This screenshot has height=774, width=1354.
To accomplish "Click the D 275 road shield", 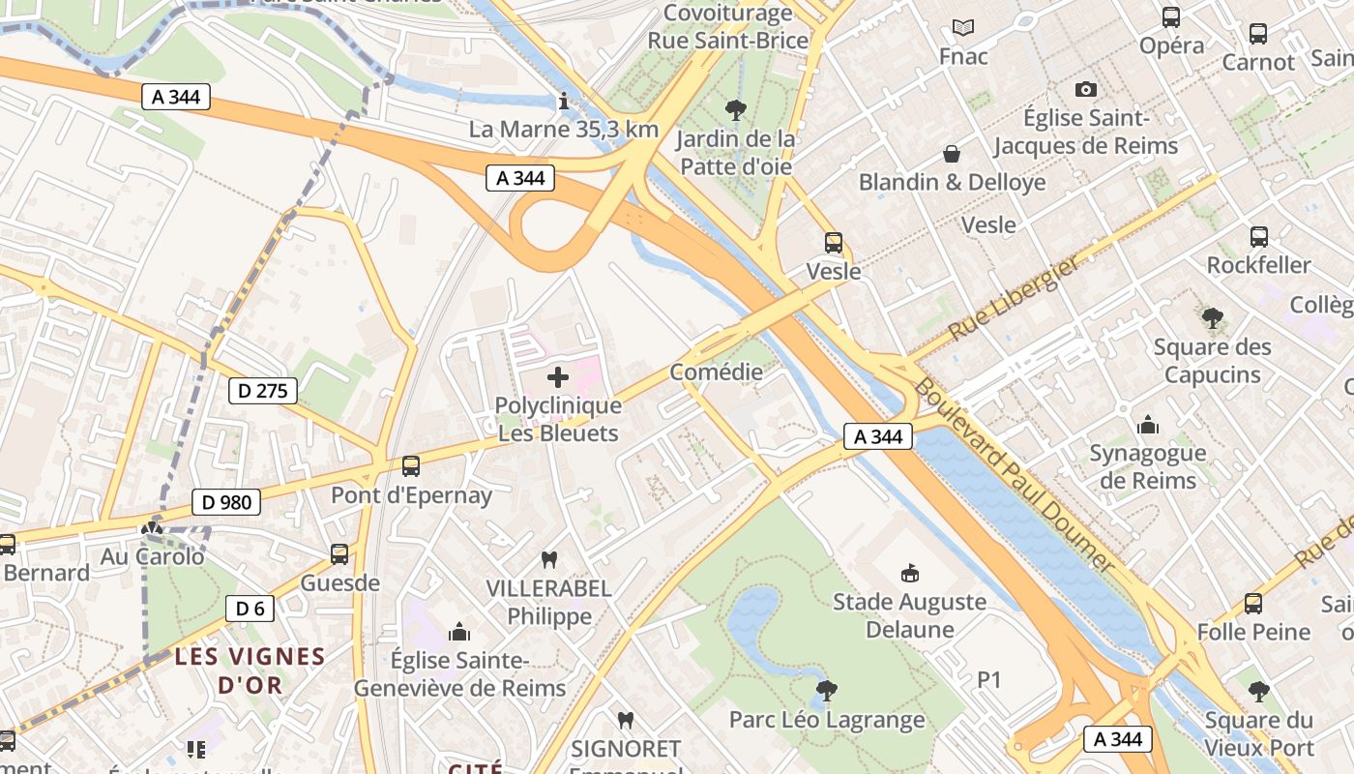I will [x=263, y=391].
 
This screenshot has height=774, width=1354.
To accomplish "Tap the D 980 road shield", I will [x=226, y=501].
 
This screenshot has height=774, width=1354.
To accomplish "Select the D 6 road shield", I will [x=250, y=609].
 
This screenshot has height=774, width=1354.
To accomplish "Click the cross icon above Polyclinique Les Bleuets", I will [x=558, y=377].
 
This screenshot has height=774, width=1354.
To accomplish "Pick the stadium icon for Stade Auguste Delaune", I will [x=909, y=574].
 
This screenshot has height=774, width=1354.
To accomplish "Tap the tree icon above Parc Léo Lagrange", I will [x=826, y=691].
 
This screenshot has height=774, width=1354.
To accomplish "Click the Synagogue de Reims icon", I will [x=1148, y=425].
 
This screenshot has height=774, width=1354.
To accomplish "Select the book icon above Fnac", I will [x=963, y=27].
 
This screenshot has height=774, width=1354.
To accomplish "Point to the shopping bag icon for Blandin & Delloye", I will [x=953, y=154].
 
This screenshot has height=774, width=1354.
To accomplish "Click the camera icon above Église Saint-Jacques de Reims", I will [x=1086, y=89].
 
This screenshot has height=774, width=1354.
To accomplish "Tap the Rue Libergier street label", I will [x=1013, y=297].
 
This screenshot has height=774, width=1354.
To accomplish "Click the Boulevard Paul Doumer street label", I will [x=1015, y=473].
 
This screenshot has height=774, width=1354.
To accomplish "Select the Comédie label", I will [x=716, y=372].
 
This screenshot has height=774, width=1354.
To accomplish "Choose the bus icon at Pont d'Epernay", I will [x=411, y=466].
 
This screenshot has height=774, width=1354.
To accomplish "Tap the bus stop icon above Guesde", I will [x=339, y=554].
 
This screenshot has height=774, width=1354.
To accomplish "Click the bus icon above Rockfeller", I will [x=1258, y=237].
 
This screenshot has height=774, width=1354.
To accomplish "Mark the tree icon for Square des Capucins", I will [x=1212, y=318].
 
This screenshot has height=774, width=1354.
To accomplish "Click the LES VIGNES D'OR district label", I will [x=250, y=670].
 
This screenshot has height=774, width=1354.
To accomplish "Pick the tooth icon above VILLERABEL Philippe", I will [x=548, y=559].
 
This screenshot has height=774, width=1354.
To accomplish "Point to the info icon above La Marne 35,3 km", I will [x=564, y=101].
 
